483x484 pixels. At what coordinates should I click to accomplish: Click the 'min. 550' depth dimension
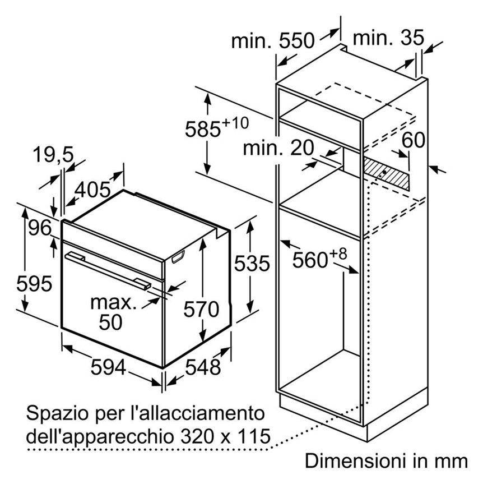click(273, 41)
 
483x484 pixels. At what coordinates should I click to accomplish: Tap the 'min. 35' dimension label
click(388, 38)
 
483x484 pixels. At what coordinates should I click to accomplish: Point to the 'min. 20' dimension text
click(278, 148)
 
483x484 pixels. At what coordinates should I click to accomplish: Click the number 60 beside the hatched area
click(414, 140)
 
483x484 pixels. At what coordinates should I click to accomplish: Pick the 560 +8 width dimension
click(319, 259)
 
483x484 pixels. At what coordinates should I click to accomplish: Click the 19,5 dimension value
click(53, 155)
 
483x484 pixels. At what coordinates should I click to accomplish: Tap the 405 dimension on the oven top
click(92, 189)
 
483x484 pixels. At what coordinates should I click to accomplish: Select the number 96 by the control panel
click(40, 228)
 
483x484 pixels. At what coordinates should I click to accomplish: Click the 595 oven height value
click(35, 284)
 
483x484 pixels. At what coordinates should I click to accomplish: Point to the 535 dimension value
click(252, 263)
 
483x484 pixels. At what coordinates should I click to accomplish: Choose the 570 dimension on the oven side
click(201, 309)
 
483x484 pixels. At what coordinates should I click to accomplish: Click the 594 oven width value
click(109, 367)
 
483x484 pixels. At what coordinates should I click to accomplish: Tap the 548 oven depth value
click(203, 367)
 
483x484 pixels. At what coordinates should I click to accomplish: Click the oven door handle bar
click(108, 270)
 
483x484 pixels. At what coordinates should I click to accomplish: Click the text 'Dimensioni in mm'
click(387, 461)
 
